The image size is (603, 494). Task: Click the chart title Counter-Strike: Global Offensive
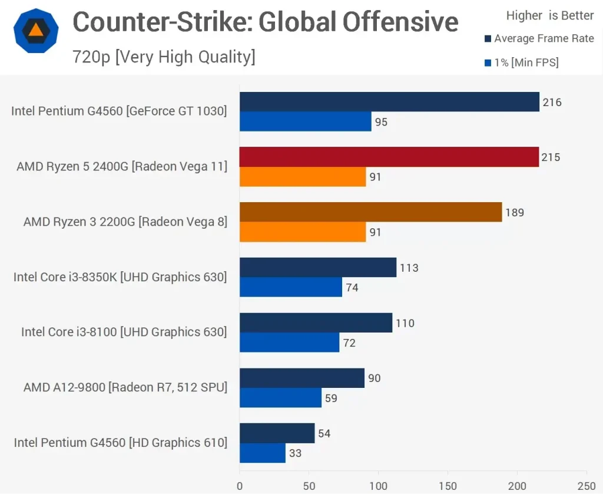point(265,22)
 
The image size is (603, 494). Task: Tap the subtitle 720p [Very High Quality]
point(164,57)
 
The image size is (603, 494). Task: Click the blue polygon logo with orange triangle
point(36,31)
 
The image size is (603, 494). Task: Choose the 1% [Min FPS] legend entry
point(521,62)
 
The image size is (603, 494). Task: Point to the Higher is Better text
point(550,16)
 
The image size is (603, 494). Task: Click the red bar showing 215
point(389,157)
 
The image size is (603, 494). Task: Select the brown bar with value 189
point(370,212)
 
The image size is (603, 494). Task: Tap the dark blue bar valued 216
point(389,102)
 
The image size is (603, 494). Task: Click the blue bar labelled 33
point(263,453)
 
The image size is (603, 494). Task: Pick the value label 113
point(409,268)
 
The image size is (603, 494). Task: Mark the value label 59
point(332,398)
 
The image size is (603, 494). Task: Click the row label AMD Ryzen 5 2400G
point(122,166)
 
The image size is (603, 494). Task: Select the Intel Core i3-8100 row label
point(124,332)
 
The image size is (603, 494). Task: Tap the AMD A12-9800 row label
point(125,387)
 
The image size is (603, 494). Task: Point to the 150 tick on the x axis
point(448,486)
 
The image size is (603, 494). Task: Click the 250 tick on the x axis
point(587,486)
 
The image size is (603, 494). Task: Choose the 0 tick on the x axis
point(240,486)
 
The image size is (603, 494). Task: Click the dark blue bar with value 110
point(316,323)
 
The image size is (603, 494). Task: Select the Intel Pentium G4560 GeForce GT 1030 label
point(119,111)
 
